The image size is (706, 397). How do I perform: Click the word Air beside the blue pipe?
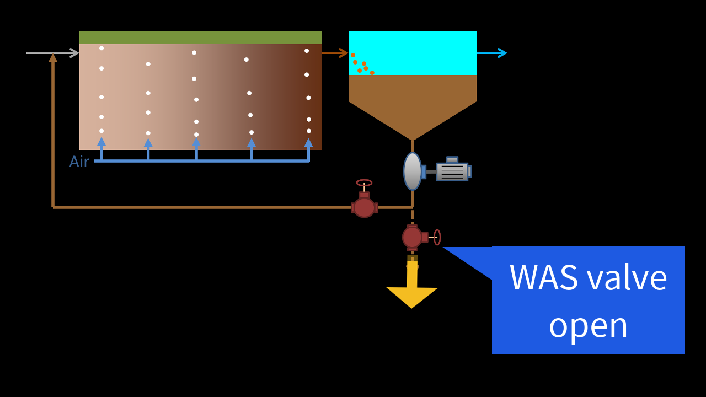click(x=79, y=162)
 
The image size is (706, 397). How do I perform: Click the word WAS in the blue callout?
click(x=543, y=277)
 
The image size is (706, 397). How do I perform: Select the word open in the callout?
click(x=588, y=324)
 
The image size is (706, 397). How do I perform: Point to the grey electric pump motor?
click(x=452, y=171)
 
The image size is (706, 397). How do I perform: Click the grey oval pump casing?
click(x=412, y=171)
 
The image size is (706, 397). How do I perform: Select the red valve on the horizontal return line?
click(x=364, y=207)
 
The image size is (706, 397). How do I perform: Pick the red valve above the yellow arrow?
click(x=413, y=237)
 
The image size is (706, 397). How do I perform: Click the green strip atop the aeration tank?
click(x=200, y=37)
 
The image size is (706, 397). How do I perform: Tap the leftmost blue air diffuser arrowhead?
click(x=101, y=141)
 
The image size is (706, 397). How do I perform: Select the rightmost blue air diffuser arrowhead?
click(x=308, y=142)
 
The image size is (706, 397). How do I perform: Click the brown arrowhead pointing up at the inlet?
click(x=53, y=57)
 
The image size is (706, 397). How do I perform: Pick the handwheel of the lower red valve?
click(x=437, y=237)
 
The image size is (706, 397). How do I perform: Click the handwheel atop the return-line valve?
click(x=364, y=183)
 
